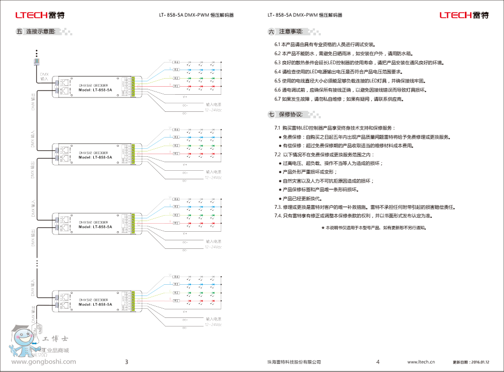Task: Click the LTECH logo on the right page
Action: click(x=464, y=15)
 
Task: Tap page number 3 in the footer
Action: click(x=126, y=362)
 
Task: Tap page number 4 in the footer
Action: click(x=378, y=362)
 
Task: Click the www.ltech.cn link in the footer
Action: click(x=421, y=362)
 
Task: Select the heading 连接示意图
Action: click(x=41, y=32)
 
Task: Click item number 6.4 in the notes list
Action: click(x=278, y=72)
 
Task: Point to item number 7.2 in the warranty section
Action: click(x=278, y=154)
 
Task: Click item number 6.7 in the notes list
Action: click(x=278, y=100)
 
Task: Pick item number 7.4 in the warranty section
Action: click(x=279, y=215)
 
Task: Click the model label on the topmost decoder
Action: click(x=95, y=90)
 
